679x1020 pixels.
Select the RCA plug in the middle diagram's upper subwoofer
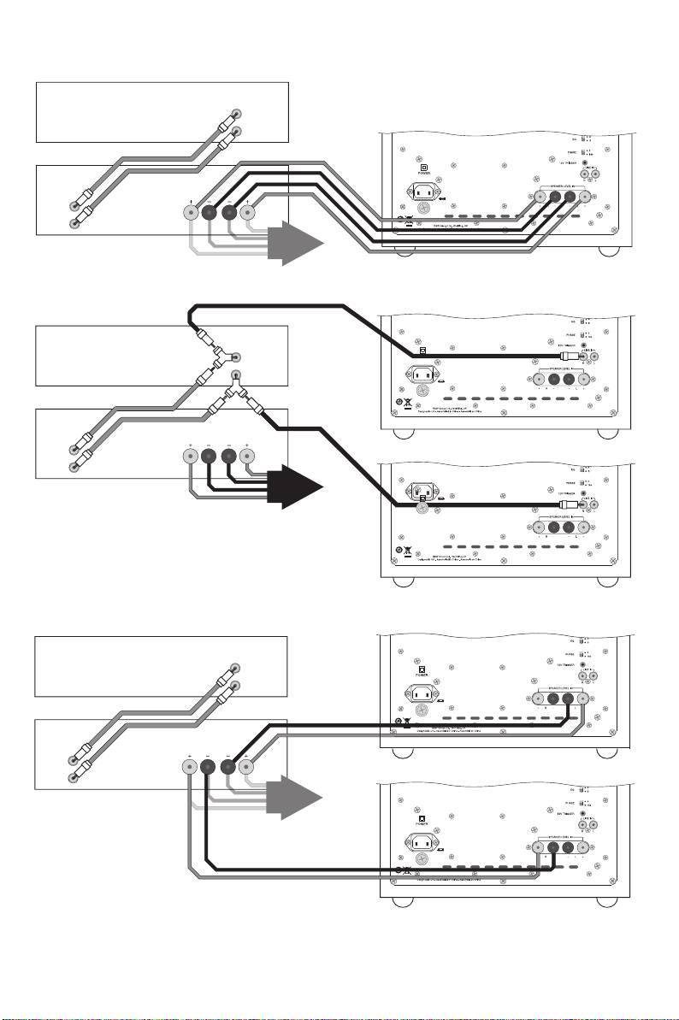tap(567, 357)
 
